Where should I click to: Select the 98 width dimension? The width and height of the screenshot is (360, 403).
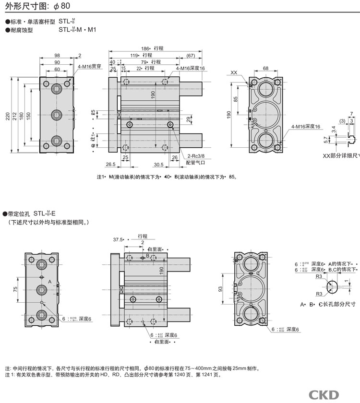[57, 56]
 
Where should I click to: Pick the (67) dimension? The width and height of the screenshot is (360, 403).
[191, 55]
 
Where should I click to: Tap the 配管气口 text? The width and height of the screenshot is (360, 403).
[195, 163]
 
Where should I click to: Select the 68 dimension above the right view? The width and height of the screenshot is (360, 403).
[265, 68]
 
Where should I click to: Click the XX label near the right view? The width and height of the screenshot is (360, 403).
[234, 72]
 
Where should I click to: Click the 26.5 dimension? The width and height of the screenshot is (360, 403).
[111, 164]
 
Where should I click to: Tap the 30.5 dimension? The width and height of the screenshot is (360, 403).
[159, 164]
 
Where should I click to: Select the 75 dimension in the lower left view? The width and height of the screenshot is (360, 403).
[15, 289]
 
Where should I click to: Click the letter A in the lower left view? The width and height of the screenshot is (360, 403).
[49, 281]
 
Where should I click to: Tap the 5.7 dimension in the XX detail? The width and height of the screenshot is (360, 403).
[326, 140]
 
